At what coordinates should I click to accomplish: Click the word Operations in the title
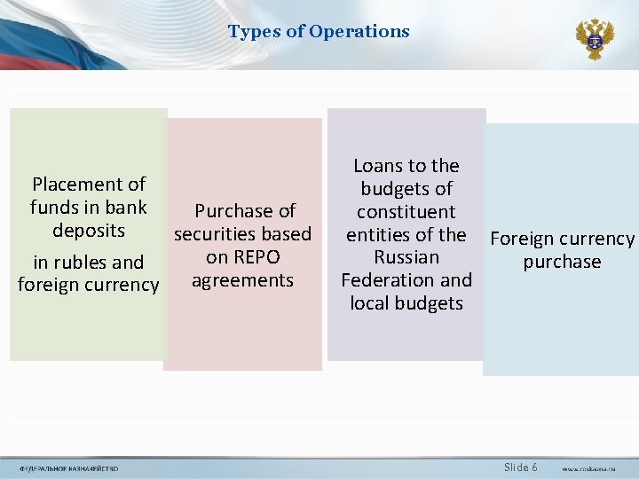coord(360,32)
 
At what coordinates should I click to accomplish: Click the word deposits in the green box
coord(89,231)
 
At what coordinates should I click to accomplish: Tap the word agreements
coord(242,280)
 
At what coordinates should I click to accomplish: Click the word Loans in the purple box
coord(378,166)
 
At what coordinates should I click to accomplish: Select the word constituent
coord(406,212)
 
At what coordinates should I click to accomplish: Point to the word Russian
coord(406,257)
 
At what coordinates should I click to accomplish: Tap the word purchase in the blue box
coord(562,263)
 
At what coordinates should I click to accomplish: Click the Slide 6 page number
coord(520,467)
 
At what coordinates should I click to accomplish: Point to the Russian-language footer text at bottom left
coord(68,468)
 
